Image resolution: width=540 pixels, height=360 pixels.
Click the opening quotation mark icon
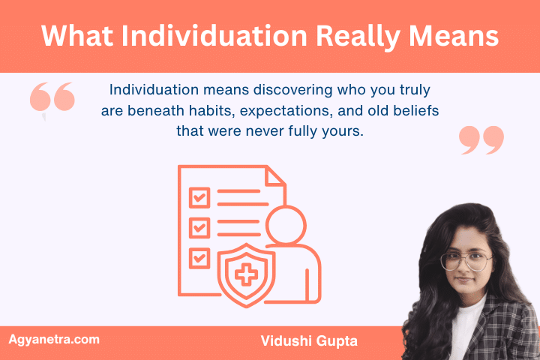53,100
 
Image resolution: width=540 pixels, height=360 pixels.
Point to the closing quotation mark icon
481,139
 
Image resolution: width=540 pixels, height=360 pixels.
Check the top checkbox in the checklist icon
199,197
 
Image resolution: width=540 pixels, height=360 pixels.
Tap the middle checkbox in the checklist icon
199,227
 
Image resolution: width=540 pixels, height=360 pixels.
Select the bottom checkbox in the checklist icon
199,257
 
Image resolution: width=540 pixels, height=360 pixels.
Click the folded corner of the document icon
275,175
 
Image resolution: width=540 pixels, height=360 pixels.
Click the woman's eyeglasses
466,261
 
